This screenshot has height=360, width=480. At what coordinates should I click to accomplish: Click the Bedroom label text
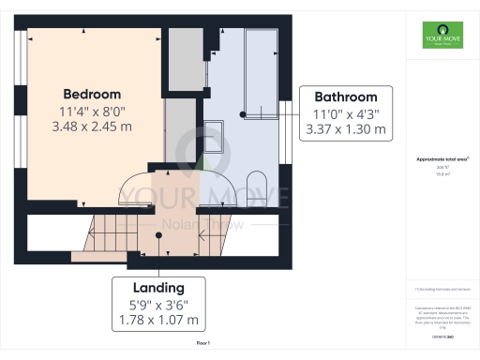click(92, 95)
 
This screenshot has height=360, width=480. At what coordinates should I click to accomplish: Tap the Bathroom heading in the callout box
click(345, 97)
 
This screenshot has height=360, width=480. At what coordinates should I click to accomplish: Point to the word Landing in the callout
click(157, 288)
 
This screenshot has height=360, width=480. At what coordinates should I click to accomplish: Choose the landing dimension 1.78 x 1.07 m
click(157, 320)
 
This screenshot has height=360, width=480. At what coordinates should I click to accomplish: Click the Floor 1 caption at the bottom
click(203, 345)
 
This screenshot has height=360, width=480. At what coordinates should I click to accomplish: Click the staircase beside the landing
click(103, 234)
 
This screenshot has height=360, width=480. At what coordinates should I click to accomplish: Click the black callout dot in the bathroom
click(243, 114)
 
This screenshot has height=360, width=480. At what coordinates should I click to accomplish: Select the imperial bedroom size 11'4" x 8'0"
click(92, 112)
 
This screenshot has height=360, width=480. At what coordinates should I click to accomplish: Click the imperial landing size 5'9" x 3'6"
click(157, 304)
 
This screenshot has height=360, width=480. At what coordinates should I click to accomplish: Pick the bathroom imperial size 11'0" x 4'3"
click(345, 113)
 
